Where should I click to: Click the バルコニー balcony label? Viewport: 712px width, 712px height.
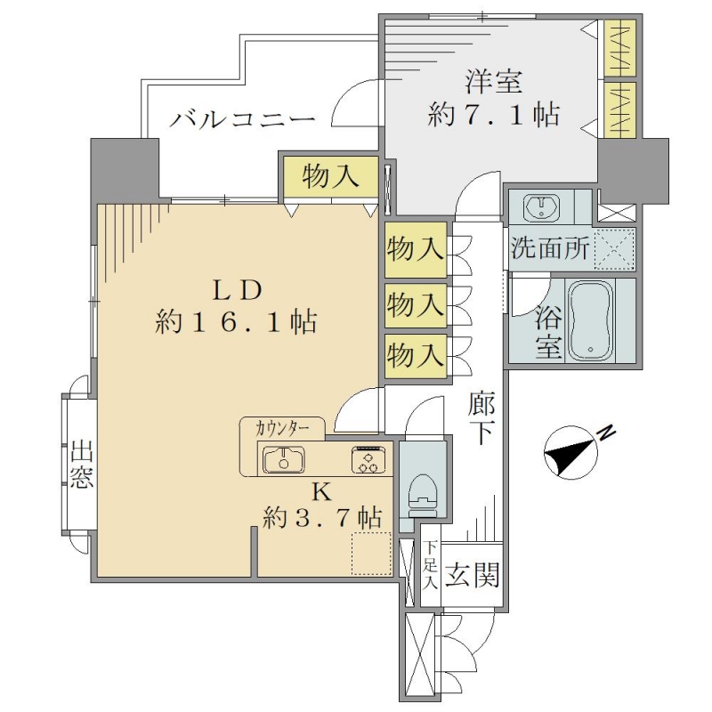coord(242,120)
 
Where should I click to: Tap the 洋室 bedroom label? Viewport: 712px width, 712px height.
coord(493,81)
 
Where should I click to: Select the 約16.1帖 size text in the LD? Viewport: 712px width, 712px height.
coord(236,322)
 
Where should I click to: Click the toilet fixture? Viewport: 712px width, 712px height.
coord(423,496)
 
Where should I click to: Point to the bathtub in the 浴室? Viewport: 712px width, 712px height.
coord(590,320)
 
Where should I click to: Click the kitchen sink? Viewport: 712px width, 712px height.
coord(284,459)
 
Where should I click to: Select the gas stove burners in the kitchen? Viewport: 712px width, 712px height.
coord(368,459)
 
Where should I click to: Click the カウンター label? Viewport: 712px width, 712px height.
coord(282,429)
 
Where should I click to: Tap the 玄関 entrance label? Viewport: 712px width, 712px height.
coord(473,575)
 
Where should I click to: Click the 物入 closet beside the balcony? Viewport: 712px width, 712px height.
coord(330,176)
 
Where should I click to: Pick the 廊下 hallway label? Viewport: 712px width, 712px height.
coord(482,417)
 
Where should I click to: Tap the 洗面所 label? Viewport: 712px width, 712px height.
coord(550,248)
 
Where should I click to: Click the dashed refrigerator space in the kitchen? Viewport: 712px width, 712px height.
coord(371,553)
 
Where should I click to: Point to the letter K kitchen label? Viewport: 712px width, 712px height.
coord(323,492)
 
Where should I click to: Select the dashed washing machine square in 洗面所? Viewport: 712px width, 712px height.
coord(614,249)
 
